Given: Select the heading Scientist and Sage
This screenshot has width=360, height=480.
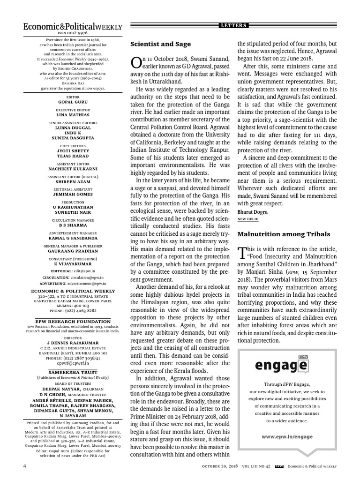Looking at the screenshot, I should point(160,44).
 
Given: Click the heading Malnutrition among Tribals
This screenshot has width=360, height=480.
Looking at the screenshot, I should point(284,233).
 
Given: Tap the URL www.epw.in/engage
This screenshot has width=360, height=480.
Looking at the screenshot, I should point(281,436).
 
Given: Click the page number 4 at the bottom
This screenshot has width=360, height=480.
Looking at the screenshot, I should point(25,466).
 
